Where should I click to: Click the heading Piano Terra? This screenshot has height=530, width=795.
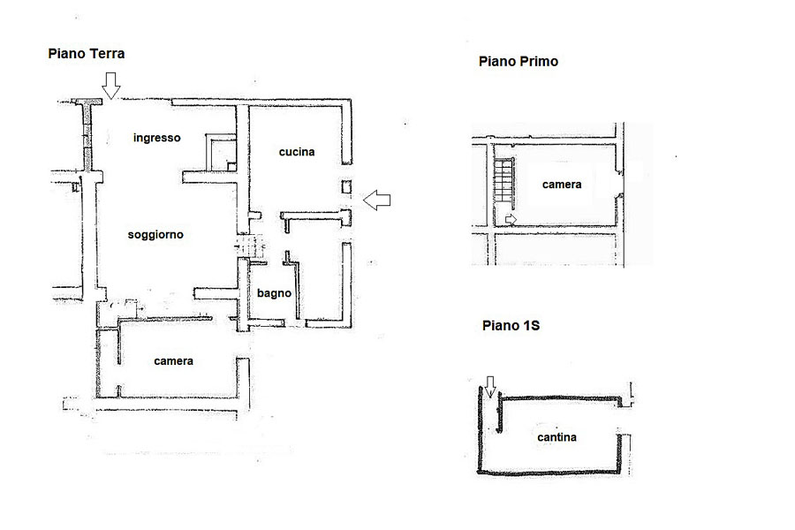coord(87,54)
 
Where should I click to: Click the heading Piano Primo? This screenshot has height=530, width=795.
coord(519,61)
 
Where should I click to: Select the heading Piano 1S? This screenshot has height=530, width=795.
coord(511,326)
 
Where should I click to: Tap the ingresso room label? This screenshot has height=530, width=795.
coord(156,138)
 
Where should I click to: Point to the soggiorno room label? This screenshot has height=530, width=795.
coord(155,235)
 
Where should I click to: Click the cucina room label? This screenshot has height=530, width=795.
coord(297,152)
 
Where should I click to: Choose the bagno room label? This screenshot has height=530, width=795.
coord(274,293)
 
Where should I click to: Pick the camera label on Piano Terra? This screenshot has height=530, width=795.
coord(173,361)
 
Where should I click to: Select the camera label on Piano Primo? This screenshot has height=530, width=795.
coord(561,185)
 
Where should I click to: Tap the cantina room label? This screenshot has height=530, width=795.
coord(556,437)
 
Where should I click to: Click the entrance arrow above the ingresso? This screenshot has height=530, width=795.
coord(111,85)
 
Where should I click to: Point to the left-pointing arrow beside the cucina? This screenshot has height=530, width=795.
coord(377,200)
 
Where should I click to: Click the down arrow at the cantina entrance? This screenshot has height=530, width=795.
coord(489,387)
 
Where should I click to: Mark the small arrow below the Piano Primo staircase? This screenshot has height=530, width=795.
coord(511,220)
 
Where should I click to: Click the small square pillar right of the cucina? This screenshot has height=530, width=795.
coord(346,186)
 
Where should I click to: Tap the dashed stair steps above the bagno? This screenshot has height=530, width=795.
coord(251,246)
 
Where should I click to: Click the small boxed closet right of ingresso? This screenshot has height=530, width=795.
coord(221,153)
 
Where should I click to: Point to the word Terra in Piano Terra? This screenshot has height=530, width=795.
coord(106,54)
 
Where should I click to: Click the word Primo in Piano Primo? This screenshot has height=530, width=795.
coord(539,61)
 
